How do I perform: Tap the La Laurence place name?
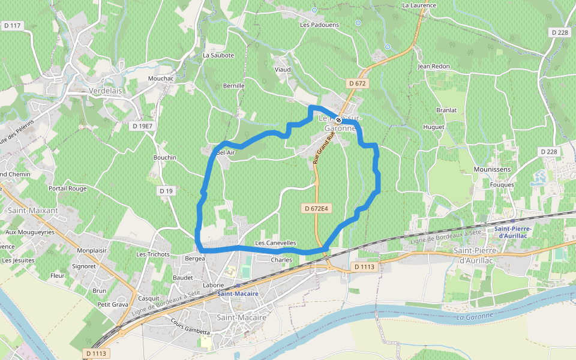coord(419,5)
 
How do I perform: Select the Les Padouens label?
coord(319,25)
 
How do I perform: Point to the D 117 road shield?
coord(12,25)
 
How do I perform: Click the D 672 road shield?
coord(356,83)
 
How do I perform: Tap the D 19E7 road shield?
coord(142,126)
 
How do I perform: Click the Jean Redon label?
coord(433,66)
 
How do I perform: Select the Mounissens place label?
coord(491,170)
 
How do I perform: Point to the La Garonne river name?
coord(474,316)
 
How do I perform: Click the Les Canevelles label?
coord(275,243)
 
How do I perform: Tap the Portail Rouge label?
coord(68,188)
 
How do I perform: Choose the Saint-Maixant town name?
coord(33,211)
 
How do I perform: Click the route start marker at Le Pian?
coord(338,120)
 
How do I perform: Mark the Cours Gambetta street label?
coord(190,328)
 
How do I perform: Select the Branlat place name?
coord(446,110)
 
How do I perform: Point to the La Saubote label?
coord(218,55)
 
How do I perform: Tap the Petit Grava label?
coord(113,304)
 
